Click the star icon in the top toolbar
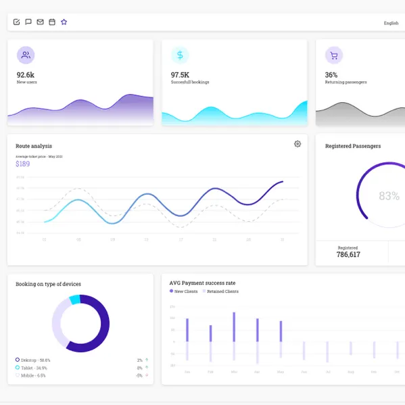64,22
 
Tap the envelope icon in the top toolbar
41,22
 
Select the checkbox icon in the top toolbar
17,22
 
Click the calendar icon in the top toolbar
52,22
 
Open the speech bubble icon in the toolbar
28,22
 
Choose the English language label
391,23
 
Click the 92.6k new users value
26,75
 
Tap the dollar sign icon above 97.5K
180,55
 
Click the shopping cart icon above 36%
333,55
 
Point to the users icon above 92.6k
26,55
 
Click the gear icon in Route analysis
297,144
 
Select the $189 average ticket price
23,164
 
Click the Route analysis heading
34,146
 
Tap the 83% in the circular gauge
389,196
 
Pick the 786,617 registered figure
348,255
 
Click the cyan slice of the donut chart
74,300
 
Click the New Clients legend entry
184,291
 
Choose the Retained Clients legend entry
220,291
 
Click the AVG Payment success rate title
202,283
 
